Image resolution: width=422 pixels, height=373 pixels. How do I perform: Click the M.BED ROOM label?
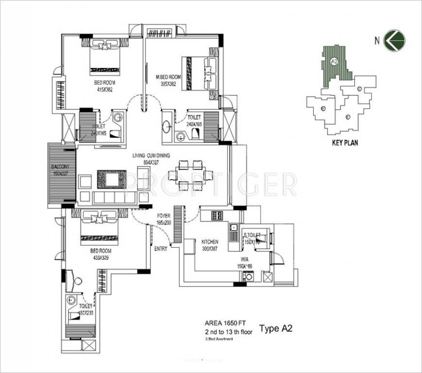(x=168, y=77)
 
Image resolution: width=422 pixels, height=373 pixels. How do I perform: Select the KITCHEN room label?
(x=210, y=241)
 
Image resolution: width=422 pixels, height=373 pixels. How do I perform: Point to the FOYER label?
(x=163, y=215)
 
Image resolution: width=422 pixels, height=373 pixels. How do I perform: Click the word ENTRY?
(x=161, y=249)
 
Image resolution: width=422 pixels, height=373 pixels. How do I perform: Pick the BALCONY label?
(x=61, y=167)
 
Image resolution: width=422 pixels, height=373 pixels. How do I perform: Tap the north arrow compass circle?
(x=394, y=40)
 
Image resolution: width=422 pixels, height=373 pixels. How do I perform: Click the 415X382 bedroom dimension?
(x=104, y=89)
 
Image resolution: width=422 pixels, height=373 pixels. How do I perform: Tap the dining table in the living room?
(x=190, y=175)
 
